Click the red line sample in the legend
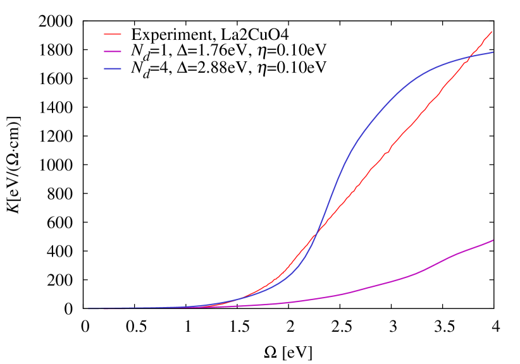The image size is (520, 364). tap(113, 34)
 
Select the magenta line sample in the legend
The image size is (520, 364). tap(113, 51)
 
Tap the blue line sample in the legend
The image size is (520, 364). tap(113, 68)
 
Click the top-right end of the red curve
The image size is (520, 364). tap(492, 31)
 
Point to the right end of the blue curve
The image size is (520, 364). tap(493, 52)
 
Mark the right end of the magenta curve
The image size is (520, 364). tap(493, 240)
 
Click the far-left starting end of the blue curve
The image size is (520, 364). tap(89, 308)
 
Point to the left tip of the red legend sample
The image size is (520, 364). tap(104, 34)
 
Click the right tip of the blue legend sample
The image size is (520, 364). tap(121, 68)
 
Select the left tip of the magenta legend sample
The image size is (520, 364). tap(104, 51)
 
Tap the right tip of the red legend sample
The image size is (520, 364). tap(121, 34)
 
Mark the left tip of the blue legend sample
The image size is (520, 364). tap(104, 68)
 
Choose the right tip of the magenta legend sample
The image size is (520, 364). tap(121, 51)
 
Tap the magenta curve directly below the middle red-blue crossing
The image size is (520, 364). tap(317, 298)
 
